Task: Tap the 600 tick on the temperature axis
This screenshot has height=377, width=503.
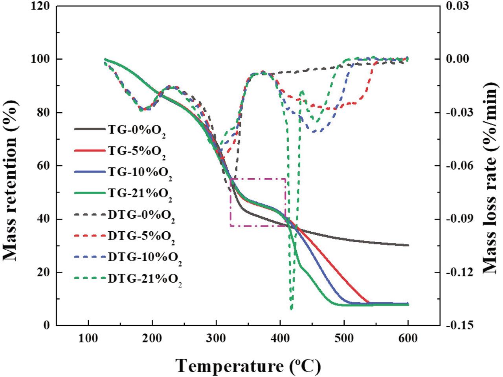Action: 408,338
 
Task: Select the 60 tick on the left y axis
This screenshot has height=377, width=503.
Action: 44,166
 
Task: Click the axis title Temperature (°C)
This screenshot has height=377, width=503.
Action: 248,366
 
